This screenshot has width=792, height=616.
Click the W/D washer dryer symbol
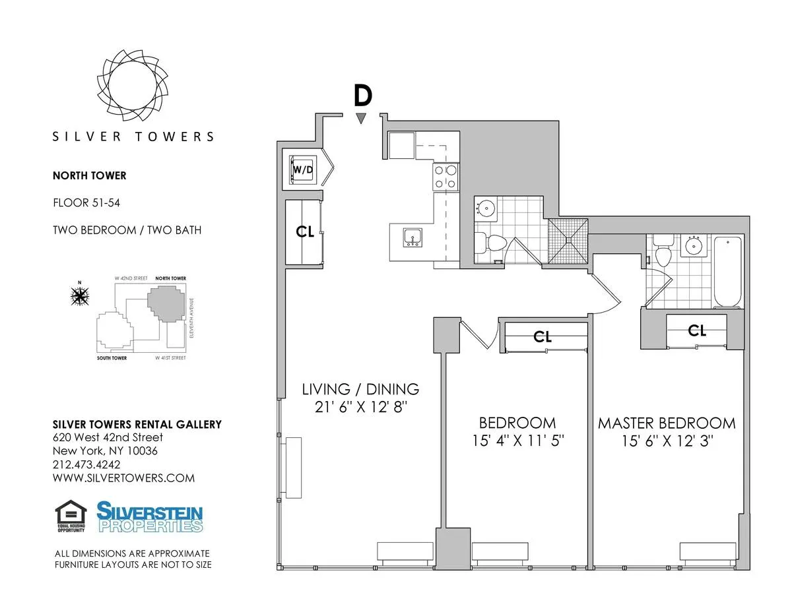(x=304, y=169)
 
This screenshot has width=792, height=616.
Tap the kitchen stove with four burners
(x=445, y=176)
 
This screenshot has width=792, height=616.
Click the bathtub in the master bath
(x=728, y=271)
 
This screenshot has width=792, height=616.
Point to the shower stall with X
(x=567, y=241)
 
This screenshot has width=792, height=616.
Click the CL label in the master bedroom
(x=697, y=330)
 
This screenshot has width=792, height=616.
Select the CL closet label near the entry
(x=305, y=231)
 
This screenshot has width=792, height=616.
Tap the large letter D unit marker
(x=362, y=96)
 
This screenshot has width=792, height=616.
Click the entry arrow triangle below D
(x=360, y=119)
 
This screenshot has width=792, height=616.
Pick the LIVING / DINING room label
(x=360, y=388)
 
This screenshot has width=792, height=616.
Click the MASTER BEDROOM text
(x=666, y=423)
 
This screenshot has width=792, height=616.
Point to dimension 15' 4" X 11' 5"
(x=517, y=440)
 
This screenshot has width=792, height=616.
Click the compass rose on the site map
(x=80, y=297)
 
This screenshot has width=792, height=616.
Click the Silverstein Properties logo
(x=150, y=517)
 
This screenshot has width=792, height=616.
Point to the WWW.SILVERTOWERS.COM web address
(x=123, y=478)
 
